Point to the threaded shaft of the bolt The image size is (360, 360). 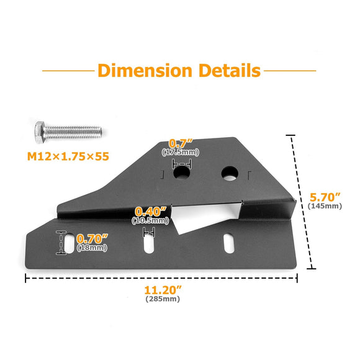76,132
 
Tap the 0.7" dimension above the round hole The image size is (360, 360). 180,144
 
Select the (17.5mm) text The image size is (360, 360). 180,152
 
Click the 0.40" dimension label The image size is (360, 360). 150,212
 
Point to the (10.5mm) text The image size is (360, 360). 150,220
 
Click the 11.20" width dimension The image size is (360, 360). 163,290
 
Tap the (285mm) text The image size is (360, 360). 163,299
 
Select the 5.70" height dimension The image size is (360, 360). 325,197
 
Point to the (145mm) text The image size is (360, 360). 325,206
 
